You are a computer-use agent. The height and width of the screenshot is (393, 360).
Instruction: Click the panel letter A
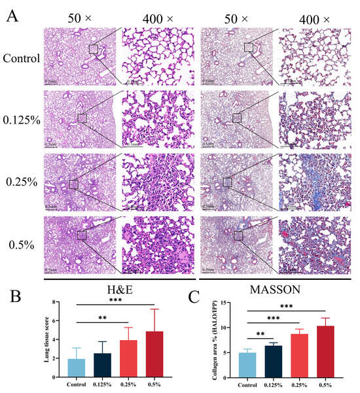point(12,15)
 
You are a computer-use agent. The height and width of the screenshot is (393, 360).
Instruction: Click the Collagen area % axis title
point(209,340)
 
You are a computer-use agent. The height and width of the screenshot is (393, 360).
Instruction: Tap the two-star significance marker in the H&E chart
point(102,318)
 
